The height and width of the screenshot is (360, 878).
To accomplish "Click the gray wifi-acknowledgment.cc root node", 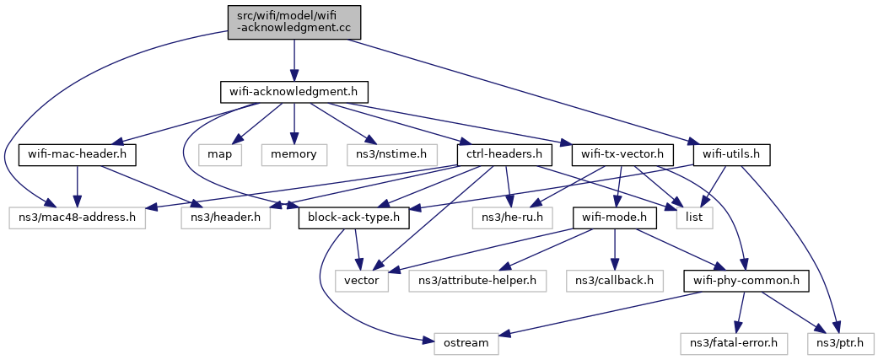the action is click(294, 23).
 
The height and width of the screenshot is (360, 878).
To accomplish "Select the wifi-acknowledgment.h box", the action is click(294, 93).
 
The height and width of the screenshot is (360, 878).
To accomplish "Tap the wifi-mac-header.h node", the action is click(78, 155).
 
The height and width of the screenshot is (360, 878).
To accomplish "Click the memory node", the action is click(294, 155).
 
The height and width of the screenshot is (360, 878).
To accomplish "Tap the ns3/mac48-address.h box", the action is click(78, 218).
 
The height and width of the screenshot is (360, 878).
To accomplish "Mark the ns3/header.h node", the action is click(226, 218).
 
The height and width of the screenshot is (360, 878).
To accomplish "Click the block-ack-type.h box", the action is click(355, 218).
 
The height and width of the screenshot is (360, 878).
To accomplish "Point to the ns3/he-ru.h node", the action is click(512, 218).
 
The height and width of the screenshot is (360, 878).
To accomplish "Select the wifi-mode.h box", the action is click(614, 218).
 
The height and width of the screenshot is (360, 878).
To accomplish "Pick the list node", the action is click(694, 218).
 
